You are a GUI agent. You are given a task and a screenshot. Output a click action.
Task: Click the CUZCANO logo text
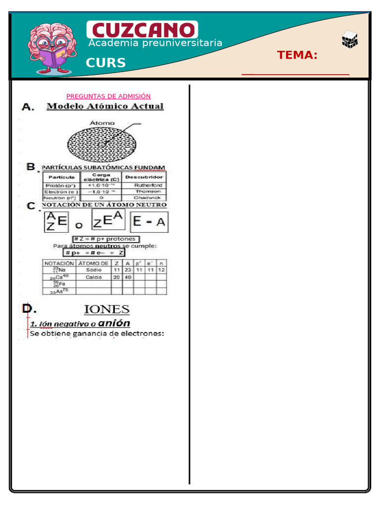click(x=142, y=30)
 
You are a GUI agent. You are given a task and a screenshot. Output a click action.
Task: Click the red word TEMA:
click(x=297, y=55)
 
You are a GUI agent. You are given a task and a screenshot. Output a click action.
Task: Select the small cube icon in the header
click(x=350, y=40)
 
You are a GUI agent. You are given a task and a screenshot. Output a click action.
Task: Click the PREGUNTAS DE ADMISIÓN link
click(x=108, y=96)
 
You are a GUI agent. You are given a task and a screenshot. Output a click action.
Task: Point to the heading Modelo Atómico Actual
click(x=105, y=106)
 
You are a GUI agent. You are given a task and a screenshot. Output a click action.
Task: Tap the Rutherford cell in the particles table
click(x=147, y=185)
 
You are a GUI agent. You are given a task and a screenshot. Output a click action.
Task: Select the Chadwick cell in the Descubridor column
click(x=147, y=197)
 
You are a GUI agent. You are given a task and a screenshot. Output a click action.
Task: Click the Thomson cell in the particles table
click(x=147, y=191)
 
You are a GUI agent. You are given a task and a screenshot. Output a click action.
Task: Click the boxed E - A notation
click(x=149, y=222)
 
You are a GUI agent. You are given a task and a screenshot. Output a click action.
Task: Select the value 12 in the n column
click(x=161, y=270)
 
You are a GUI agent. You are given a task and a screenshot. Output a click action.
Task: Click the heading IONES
click(x=106, y=310)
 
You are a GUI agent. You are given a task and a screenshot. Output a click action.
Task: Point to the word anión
click(x=114, y=323)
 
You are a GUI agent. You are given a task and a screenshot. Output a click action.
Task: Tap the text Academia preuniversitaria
click(x=155, y=43)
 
